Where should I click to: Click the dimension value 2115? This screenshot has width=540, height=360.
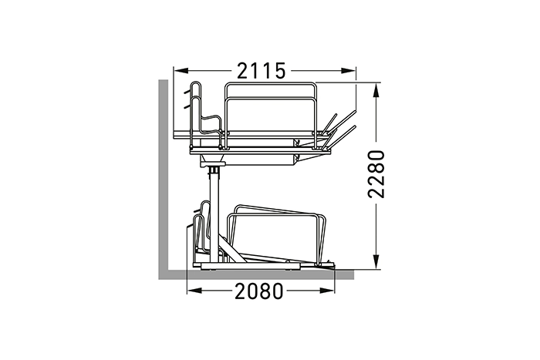(262, 71)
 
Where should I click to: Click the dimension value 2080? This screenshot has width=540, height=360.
(259, 291)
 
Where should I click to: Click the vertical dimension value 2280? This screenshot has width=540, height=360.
(376, 174)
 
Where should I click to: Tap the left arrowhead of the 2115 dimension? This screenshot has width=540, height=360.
(181, 71)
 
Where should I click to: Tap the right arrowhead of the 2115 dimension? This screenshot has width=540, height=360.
(348, 71)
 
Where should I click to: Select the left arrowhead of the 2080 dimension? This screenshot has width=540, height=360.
(194, 291)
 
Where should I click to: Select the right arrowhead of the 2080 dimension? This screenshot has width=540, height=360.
(326, 291)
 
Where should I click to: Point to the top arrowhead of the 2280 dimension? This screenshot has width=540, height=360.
(376, 90)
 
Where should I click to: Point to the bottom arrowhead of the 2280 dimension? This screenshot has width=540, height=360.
(376, 261)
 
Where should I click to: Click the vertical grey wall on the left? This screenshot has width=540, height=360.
(164, 179)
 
